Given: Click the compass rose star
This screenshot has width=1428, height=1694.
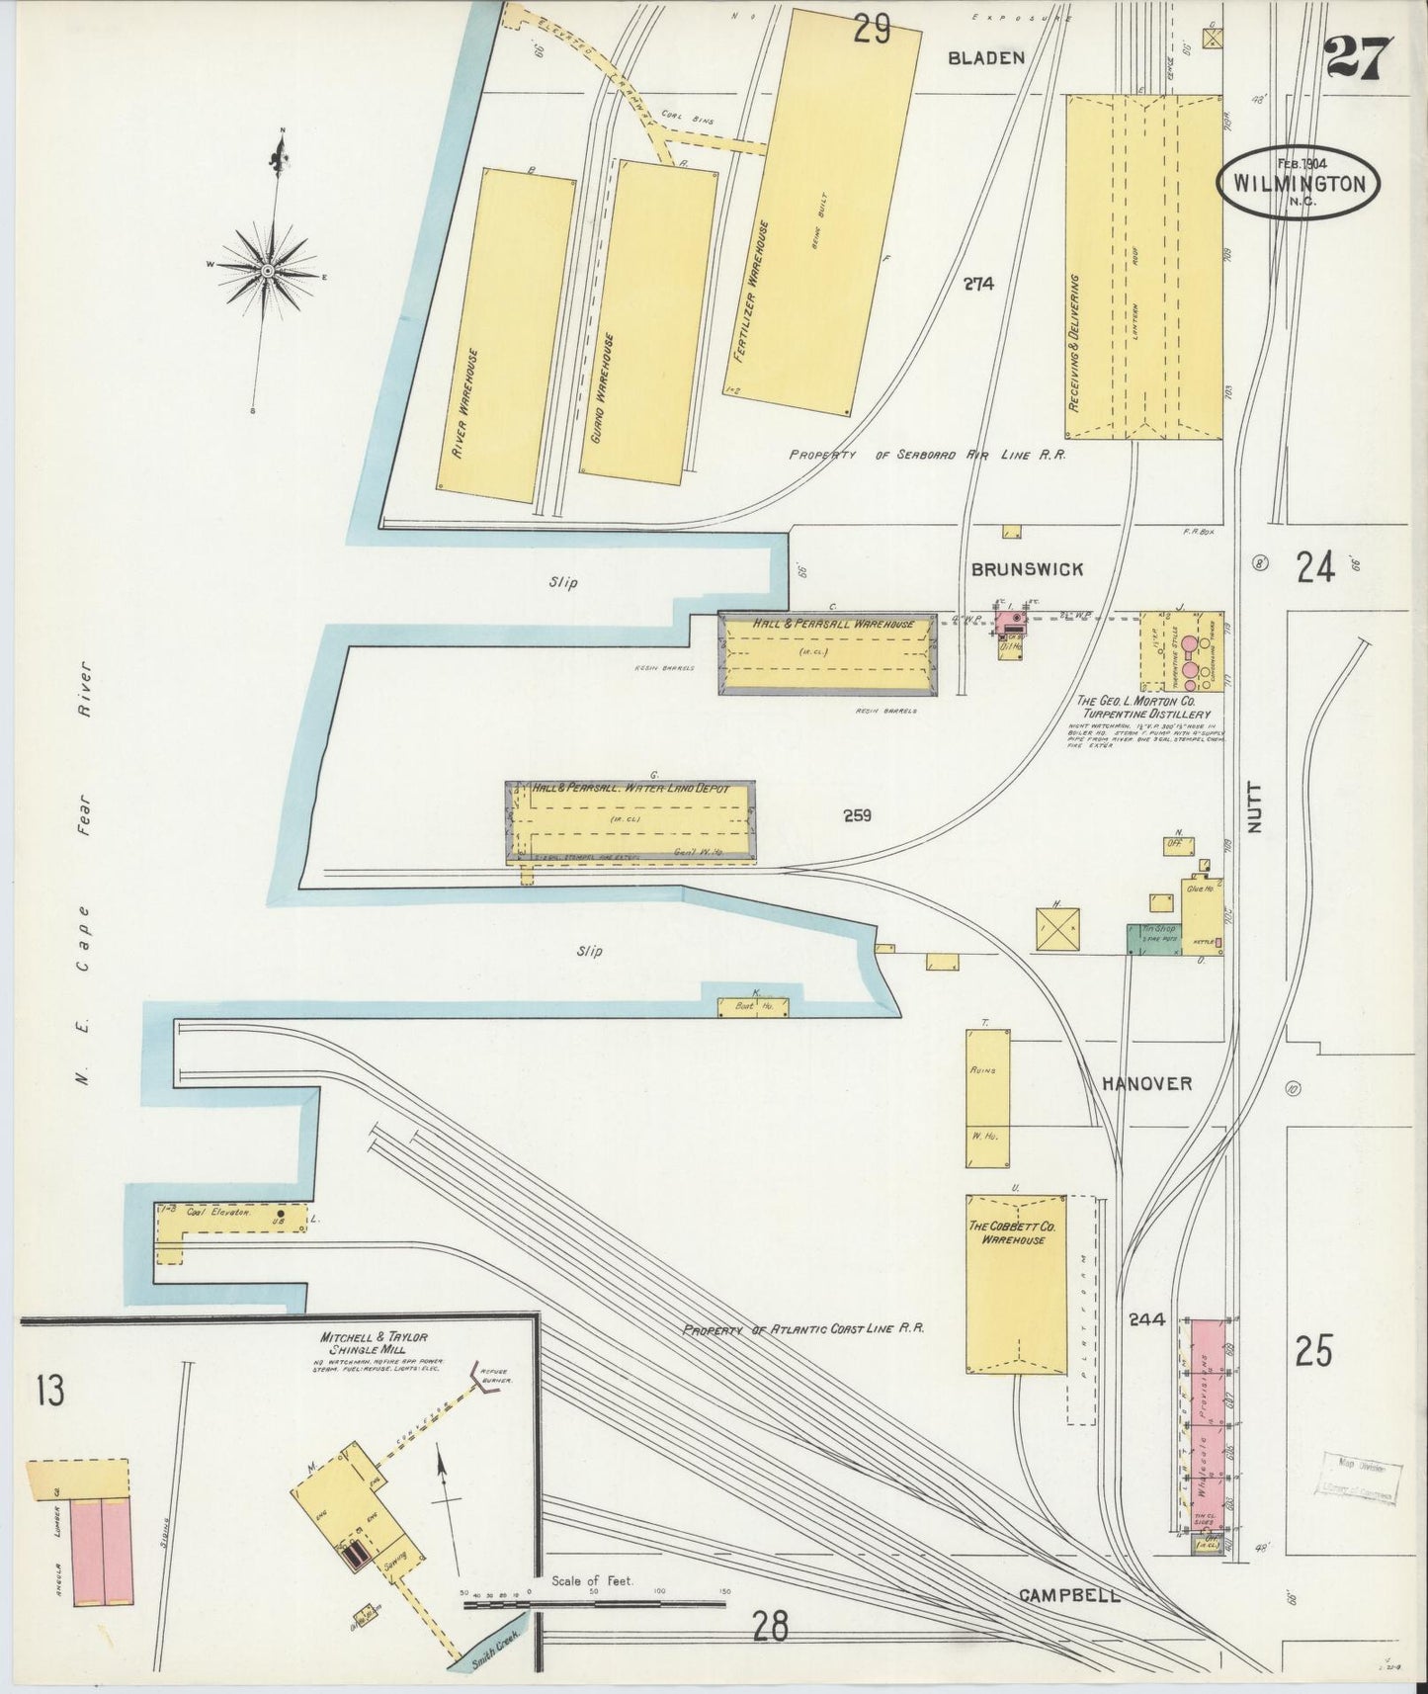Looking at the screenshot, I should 268,270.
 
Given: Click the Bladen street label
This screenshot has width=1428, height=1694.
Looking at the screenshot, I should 985,58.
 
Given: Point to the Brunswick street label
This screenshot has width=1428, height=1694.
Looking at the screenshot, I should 1027,569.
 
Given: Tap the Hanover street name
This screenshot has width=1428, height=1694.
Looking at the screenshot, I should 1146,1083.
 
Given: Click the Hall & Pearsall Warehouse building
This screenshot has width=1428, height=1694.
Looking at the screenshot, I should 828,654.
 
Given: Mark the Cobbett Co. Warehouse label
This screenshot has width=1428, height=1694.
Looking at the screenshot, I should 1015,1231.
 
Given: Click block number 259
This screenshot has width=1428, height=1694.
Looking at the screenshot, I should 857,816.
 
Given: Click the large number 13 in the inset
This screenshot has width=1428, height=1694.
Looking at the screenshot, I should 49,1389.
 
